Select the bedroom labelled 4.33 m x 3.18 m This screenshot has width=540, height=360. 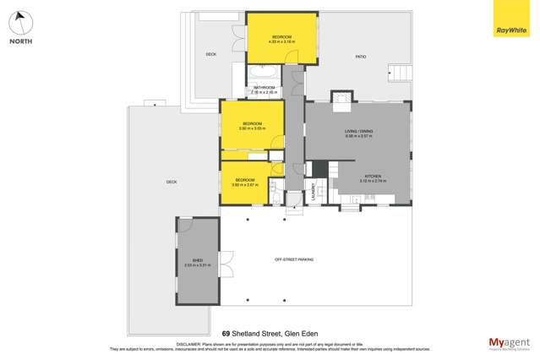pyautogui.click(x=281, y=39)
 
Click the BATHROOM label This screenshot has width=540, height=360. pyautogui.click(x=265, y=88)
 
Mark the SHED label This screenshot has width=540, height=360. pyautogui.click(x=197, y=261)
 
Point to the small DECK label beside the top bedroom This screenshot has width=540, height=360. pyautogui.click(x=211, y=55)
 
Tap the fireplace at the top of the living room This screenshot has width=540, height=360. pyautogui.click(x=341, y=100)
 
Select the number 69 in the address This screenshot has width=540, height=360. pyautogui.click(x=226, y=333)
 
